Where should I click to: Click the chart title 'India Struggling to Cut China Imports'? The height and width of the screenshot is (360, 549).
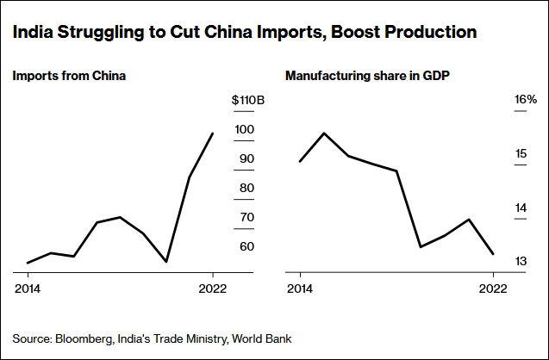[244, 33]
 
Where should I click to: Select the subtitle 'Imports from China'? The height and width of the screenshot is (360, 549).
[69, 77]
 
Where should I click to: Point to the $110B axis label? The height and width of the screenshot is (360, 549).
[248, 100]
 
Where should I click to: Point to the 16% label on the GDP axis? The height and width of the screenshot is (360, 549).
[526, 100]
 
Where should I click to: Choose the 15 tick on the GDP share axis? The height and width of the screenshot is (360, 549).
[521, 154]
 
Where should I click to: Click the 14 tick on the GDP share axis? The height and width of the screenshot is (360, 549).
[521, 208]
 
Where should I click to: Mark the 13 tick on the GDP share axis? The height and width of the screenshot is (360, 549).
[521, 261]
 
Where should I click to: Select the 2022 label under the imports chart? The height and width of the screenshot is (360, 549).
[213, 288]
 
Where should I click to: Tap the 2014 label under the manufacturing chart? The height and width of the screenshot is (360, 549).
[299, 288]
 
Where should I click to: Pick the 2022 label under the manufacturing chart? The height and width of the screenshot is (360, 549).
[492, 288]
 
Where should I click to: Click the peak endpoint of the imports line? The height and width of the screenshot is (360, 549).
[213, 133]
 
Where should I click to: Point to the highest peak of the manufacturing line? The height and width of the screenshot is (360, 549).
[323, 133]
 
